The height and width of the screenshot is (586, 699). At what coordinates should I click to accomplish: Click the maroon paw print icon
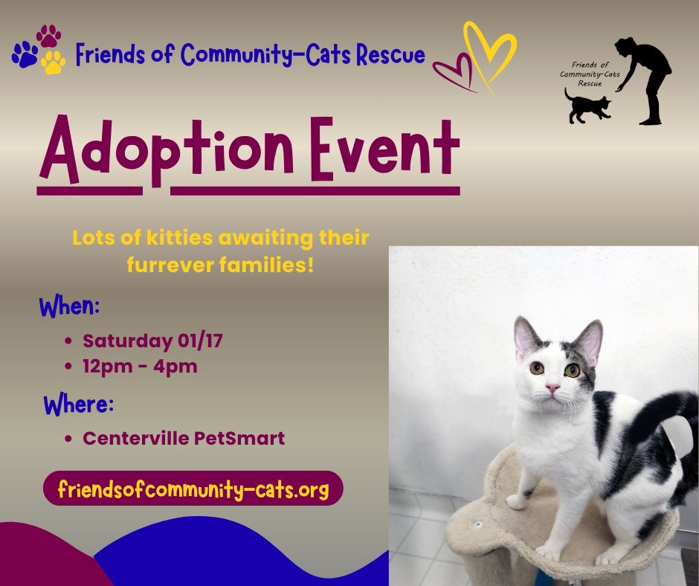[49, 36]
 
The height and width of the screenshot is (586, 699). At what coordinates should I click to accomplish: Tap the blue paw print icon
[25, 54]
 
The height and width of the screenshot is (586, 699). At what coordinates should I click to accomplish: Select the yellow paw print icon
[54, 62]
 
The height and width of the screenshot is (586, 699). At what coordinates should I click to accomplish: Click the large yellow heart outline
[489, 54]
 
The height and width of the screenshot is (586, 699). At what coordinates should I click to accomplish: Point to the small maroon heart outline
[454, 74]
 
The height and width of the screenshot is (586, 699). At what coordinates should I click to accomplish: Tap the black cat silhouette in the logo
[587, 106]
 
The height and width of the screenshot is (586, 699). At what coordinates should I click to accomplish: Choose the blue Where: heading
[78, 405]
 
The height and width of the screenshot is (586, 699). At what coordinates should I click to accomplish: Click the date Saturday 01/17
[152, 341]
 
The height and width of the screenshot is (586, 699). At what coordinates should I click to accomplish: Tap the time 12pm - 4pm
[140, 367]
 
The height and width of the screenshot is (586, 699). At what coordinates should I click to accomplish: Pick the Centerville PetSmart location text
[184, 438]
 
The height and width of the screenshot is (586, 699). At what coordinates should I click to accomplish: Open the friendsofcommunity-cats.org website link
[193, 489]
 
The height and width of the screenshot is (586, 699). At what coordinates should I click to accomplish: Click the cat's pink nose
[553, 389]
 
